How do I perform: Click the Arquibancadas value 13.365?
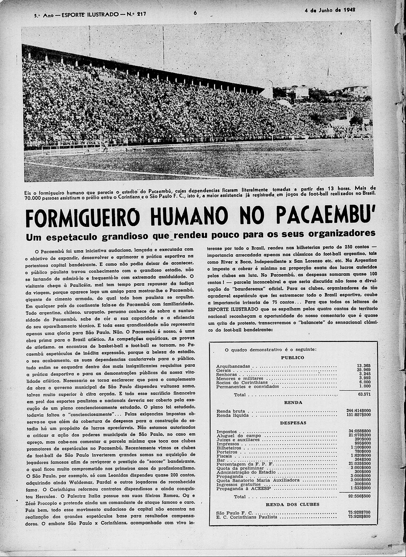(364, 366)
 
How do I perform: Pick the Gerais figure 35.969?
(364, 370)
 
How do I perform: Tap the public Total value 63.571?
(364, 394)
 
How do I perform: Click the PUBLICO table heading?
(292, 357)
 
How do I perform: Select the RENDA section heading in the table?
(293, 402)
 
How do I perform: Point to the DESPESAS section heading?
(293, 423)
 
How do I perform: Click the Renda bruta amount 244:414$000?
(360, 411)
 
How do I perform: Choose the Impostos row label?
(226, 431)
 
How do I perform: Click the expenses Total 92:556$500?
(359, 496)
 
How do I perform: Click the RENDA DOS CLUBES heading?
(293, 504)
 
